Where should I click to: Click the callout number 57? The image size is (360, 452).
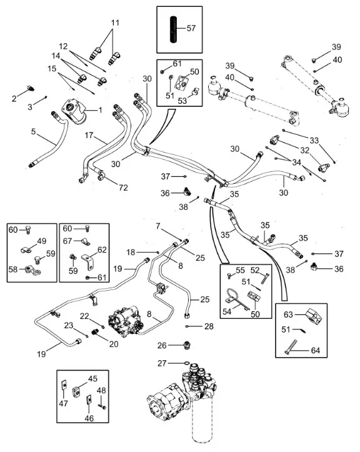(191, 28)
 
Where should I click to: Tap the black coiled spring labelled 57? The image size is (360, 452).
(173, 29)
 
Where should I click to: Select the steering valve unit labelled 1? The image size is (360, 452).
(74, 111)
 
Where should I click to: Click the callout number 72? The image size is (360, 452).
(123, 188)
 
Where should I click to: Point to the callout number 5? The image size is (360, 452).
(33, 132)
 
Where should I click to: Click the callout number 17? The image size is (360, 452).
(89, 135)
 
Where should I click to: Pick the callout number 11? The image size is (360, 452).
(115, 23)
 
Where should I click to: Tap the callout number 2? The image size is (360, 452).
(14, 99)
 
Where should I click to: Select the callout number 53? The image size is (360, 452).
(182, 101)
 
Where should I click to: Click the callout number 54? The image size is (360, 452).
(227, 312)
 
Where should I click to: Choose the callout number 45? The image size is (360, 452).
(92, 379)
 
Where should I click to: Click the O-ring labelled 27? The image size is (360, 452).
(186, 363)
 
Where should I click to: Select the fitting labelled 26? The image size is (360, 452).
(187, 345)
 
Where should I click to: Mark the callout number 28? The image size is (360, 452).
(209, 326)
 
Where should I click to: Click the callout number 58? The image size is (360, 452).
(13, 269)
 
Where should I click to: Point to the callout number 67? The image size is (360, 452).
(67, 241)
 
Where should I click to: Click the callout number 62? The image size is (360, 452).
(102, 249)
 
